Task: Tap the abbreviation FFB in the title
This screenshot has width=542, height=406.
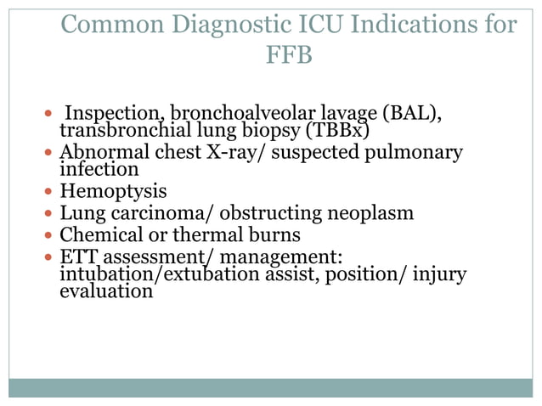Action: [290, 57]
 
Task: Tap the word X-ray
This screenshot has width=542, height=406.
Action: [243, 153]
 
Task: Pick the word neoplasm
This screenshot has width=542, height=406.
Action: [373, 212]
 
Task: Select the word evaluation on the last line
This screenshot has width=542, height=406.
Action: [107, 291]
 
